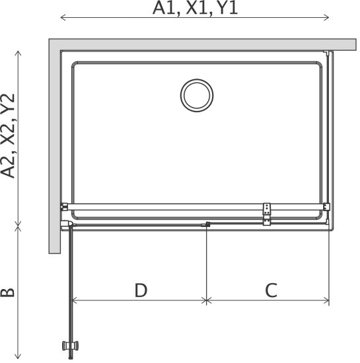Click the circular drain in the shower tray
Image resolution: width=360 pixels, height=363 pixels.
(197, 96)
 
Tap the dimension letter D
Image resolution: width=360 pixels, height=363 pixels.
(141, 290)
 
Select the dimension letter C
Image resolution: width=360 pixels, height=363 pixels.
(271, 290)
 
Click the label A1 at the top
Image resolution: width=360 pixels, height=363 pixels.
(164, 8)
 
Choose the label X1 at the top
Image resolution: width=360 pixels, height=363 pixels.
(197, 8)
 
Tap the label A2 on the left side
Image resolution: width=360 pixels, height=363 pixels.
(8, 166)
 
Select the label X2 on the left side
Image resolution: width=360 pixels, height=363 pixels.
(8, 136)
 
